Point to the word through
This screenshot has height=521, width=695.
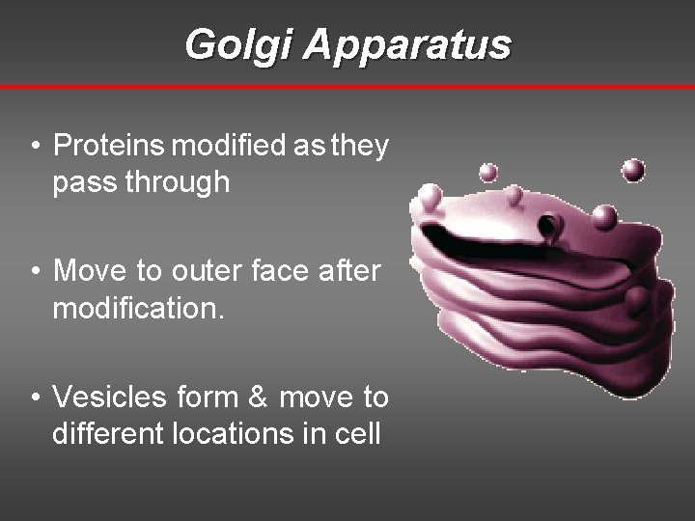[x=182, y=182]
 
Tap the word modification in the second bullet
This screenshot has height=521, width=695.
[x=134, y=308]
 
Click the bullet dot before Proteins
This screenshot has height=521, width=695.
[x=35, y=147]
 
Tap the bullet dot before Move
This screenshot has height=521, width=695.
[x=35, y=272]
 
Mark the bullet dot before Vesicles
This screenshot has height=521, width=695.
[x=35, y=398]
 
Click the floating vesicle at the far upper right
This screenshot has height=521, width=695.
[x=633, y=171]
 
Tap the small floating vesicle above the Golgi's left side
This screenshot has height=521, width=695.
[x=489, y=173]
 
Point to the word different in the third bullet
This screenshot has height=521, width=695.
[x=107, y=433]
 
